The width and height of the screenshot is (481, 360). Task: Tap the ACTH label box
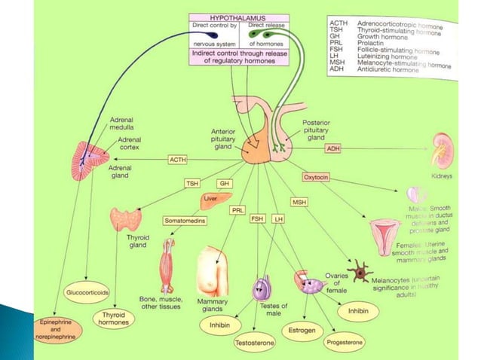[x=178, y=160]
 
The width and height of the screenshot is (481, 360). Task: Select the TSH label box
[x=193, y=184]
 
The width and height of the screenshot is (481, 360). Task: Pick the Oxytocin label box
[x=318, y=177]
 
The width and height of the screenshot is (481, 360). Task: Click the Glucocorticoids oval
[x=88, y=291]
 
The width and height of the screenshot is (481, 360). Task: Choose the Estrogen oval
[x=302, y=330]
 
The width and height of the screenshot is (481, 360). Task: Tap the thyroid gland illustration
[x=125, y=219]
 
